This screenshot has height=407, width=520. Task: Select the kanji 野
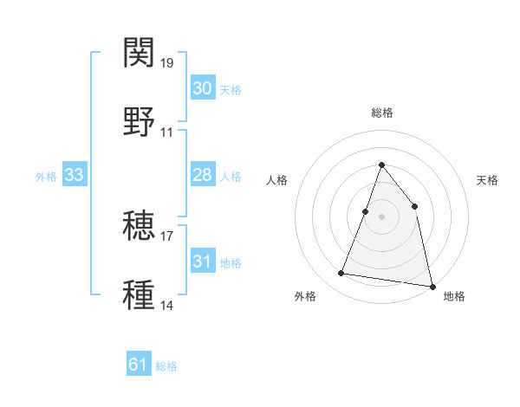pos(140,121)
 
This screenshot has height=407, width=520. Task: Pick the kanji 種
pos(140,294)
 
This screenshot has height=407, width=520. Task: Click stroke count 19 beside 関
pos(167,63)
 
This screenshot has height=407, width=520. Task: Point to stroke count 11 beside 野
pos(167,132)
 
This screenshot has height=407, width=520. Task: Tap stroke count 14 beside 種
pos(167,306)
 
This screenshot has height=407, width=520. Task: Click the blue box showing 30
pos(202,88)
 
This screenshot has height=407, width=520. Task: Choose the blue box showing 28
pos(202,175)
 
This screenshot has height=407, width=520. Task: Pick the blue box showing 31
pos(202,262)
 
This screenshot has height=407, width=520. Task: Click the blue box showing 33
pos(74,175)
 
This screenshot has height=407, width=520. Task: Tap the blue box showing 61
pos(139,365)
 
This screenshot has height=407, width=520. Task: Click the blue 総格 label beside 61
pos(166,366)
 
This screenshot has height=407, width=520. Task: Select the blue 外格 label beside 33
pos(46,177)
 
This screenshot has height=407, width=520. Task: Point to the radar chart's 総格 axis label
pos(381,113)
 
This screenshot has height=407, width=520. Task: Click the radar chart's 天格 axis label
pos(488,180)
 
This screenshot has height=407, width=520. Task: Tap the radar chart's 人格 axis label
pos(277,180)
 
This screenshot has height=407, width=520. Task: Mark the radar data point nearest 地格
pos(432,286)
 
